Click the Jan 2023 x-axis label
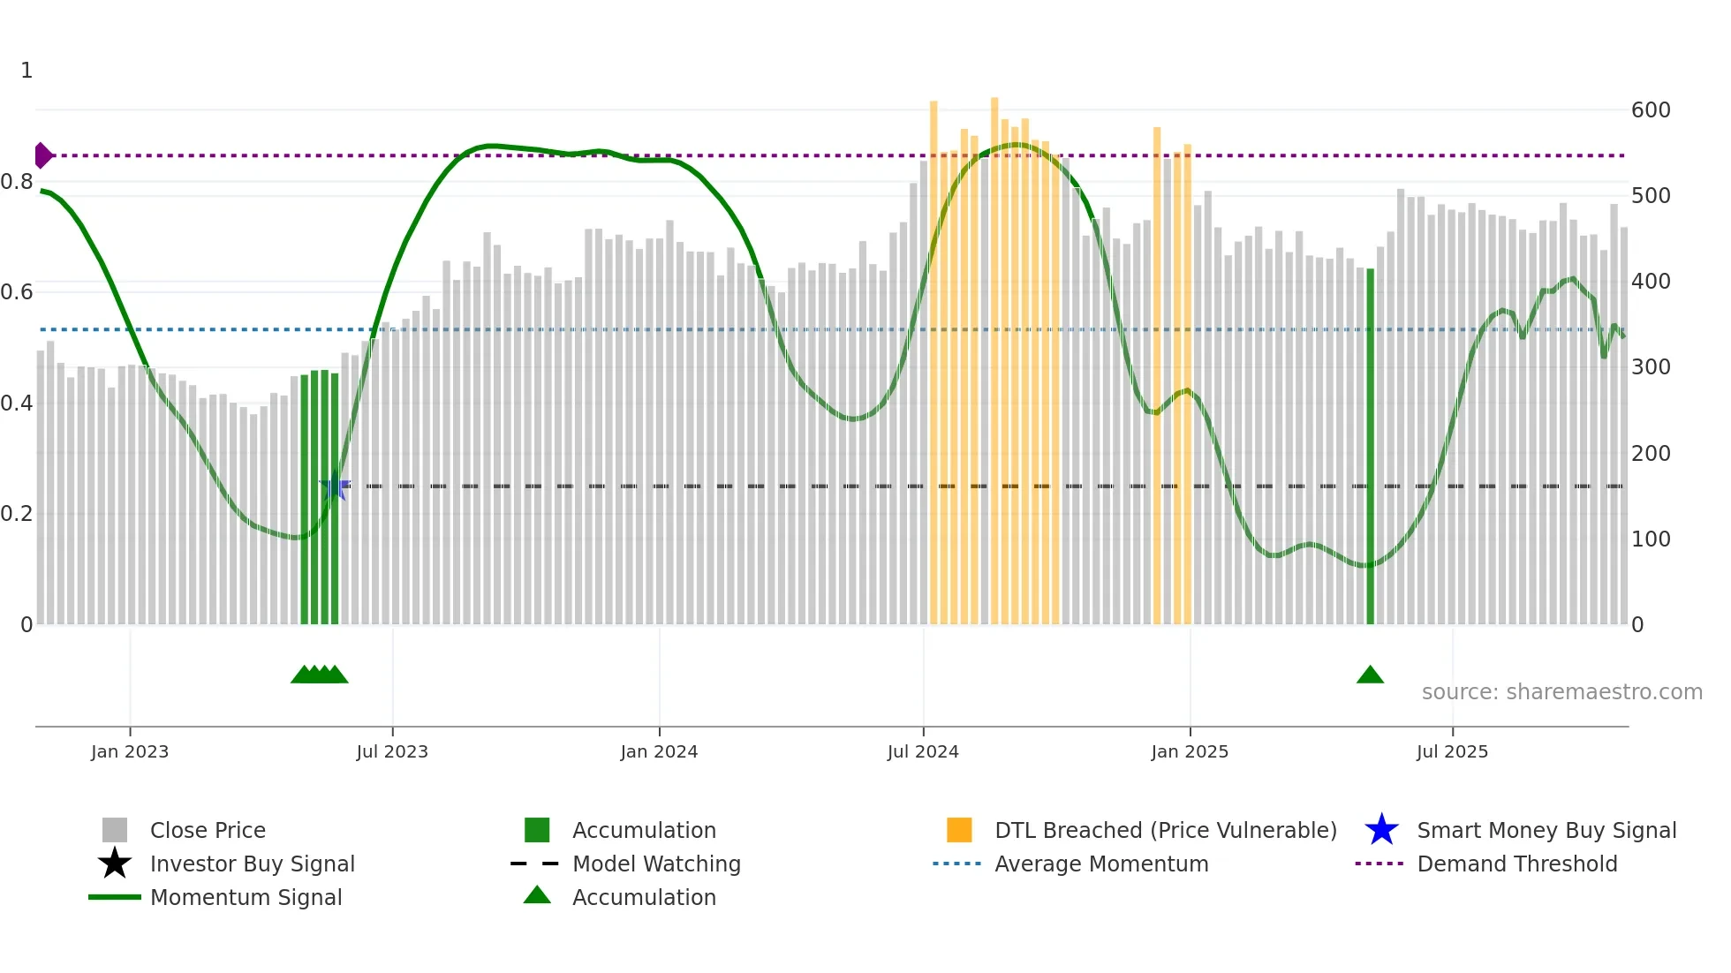pos(130,751)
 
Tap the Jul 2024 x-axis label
pos(923,751)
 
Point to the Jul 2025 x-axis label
pos(1452,751)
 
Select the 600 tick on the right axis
pos(1651,110)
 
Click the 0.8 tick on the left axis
pos(18,182)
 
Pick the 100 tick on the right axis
pos(1651,539)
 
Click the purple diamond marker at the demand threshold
pos(42,155)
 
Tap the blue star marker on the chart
pos(334,487)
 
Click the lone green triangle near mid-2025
pos(1370,675)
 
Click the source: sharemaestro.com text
pos(1561,692)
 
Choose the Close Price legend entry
pos(208,830)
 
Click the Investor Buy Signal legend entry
pos(252,864)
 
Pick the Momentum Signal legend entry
pos(246,897)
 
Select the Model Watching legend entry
pos(656,864)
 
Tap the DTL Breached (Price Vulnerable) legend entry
pos(1165,830)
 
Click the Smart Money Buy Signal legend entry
pos(1546,830)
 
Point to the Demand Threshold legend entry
pos(1516,864)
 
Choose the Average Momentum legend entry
pos(1100,864)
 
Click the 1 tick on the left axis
pos(26,71)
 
